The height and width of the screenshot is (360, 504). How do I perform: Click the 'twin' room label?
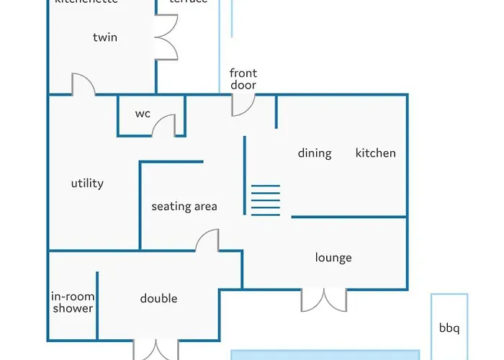[105, 37]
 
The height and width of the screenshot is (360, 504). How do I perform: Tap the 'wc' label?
[143, 114]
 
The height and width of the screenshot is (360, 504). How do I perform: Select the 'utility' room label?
[87, 184]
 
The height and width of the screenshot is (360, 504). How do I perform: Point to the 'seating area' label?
[184, 207]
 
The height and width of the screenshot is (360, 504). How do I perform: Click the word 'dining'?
[315, 153]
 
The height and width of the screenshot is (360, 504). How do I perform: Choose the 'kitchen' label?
[375, 153]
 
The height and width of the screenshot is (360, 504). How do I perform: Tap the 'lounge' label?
[333, 258]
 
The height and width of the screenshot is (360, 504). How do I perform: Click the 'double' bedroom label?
[158, 299]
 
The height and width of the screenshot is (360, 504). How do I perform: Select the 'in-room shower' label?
[73, 302]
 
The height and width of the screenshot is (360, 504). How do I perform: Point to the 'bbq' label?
[449, 329]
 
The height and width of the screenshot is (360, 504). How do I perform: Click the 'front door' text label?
[243, 79]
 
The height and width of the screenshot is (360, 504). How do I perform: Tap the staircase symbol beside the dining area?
[265, 199]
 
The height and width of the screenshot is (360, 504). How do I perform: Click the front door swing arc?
[243, 105]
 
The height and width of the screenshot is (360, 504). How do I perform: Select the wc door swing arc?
[164, 125]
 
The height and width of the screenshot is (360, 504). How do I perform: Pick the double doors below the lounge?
[324, 300]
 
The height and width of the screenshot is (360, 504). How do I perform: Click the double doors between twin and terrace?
[166, 37]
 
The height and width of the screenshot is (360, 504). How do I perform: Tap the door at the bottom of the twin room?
[83, 84]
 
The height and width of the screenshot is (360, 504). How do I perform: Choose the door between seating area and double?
[207, 240]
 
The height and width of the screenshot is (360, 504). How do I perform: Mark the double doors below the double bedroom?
[156, 349]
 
